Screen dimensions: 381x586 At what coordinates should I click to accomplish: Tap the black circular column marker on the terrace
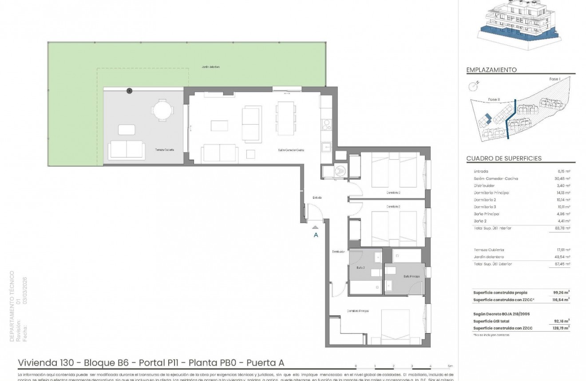(x=129, y=91)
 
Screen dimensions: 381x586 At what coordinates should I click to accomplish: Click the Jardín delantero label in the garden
(x=211, y=67)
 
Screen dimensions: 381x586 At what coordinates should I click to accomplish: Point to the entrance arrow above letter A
(x=316, y=227)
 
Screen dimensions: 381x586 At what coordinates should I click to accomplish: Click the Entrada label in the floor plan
(x=317, y=197)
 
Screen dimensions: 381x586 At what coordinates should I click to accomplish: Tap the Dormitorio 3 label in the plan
(x=393, y=192)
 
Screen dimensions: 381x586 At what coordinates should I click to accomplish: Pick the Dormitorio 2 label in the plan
(x=393, y=207)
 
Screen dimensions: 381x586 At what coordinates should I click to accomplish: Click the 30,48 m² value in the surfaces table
(x=563, y=179)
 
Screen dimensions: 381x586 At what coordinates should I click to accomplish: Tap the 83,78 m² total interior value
(x=563, y=228)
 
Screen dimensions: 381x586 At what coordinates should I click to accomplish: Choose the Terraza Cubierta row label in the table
(x=489, y=250)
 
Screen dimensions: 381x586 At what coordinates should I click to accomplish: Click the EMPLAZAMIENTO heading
(x=491, y=70)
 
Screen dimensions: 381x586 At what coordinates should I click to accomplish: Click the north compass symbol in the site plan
(x=474, y=84)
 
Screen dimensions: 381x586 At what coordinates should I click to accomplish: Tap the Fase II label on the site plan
(x=494, y=100)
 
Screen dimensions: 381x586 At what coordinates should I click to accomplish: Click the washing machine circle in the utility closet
(x=339, y=171)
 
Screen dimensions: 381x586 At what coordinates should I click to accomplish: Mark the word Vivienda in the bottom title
(x=36, y=363)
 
